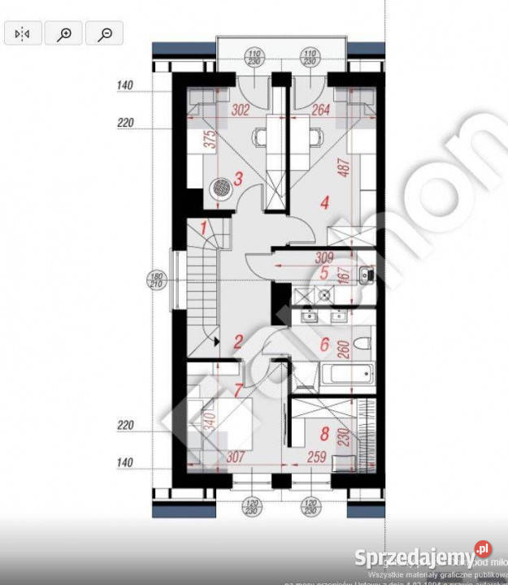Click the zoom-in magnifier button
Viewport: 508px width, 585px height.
(x=64, y=33)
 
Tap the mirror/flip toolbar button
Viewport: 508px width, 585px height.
(x=22, y=33)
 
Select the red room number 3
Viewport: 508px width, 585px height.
(x=238, y=179)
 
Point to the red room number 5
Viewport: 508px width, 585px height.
(x=324, y=274)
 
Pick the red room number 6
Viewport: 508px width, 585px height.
(x=324, y=344)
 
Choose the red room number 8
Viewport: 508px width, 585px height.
(x=324, y=434)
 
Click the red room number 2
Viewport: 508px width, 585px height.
(x=237, y=342)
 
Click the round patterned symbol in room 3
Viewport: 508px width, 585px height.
(x=220, y=186)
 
